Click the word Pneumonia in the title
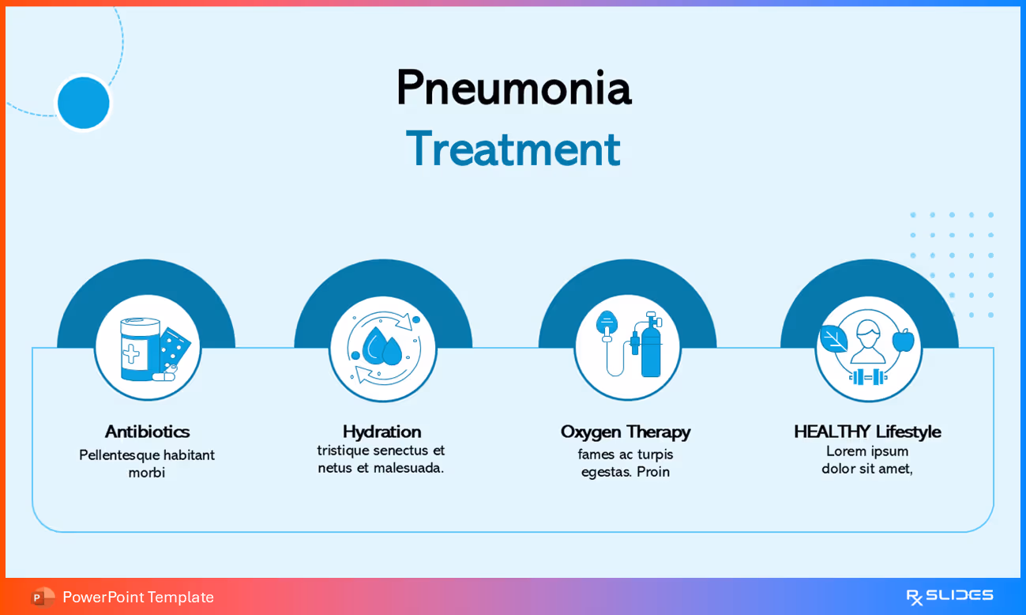pyautogui.click(x=513, y=88)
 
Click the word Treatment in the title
pyautogui.click(x=513, y=149)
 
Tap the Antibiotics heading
pyautogui.click(x=147, y=432)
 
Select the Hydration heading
pyautogui.click(x=381, y=432)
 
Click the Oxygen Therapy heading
pyautogui.click(x=625, y=432)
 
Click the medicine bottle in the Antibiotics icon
pyautogui.click(x=138, y=349)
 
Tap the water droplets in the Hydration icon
pyautogui.click(x=382, y=346)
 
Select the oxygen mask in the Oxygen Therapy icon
pyautogui.click(x=607, y=323)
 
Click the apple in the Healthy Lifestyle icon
pyautogui.click(x=903, y=340)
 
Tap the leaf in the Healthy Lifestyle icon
pyautogui.click(x=832, y=339)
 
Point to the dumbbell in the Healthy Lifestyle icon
pyautogui.click(x=868, y=377)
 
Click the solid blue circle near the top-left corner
pyautogui.click(x=84, y=103)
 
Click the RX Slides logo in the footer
pyautogui.click(x=949, y=596)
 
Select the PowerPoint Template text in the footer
pyautogui.click(x=138, y=597)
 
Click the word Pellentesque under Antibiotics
pyautogui.click(x=119, y=455)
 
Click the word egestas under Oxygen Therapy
pyautogui.click(x=606, y=472)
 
